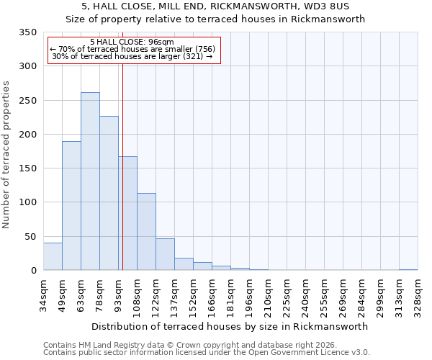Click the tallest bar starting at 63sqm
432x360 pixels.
click(x=90, y=181)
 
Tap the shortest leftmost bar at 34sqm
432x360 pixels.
click(x=53, y=256)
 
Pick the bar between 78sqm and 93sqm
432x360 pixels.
click(x=109, y=193)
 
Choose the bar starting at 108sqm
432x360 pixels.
click(x=146, y=232)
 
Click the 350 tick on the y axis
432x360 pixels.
click(x=27, y=32)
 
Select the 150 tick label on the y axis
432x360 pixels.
click(x=27, y=168)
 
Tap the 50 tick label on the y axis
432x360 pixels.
click(x=30, y=237)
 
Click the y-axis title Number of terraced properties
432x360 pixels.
click(x=6, y=154)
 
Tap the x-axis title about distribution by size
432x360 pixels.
click(x=230, y=326)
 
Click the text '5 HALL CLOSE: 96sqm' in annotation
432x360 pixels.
click(x=132, y=42)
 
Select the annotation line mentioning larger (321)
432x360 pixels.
click(x=132, y=56)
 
